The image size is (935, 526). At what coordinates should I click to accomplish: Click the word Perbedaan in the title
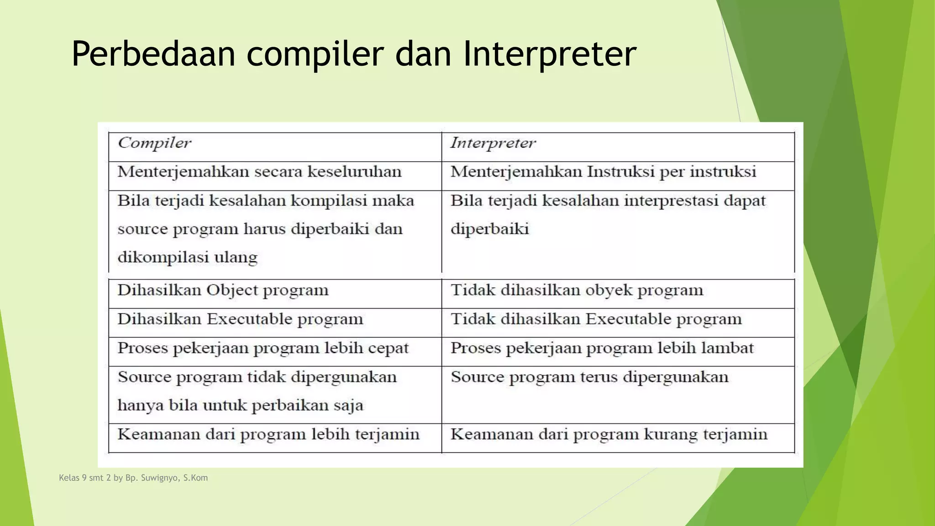point(153,54)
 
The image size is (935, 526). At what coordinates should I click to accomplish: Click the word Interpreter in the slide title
point(549,54)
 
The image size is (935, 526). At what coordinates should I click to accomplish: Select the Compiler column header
point(154,143)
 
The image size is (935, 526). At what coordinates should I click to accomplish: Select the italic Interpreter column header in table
point(493,143)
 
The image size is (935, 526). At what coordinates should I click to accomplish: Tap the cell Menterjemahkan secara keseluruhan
point(259,172)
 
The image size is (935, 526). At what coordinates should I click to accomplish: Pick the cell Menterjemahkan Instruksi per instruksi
point(603,172)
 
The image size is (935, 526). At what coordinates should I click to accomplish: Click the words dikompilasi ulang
point(187,257)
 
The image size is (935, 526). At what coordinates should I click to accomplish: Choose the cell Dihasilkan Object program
point(223,290)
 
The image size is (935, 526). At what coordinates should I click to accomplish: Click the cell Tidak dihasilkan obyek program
point(577,290)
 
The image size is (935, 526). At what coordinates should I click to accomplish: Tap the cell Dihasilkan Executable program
point(240,319)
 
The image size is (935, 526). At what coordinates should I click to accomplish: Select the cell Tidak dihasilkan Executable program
point(596,319)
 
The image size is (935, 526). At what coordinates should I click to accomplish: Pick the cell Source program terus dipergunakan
point(589,377)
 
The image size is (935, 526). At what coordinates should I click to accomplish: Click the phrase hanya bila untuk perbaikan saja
point(240,405)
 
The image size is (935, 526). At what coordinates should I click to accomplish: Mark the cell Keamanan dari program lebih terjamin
point(268,434)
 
